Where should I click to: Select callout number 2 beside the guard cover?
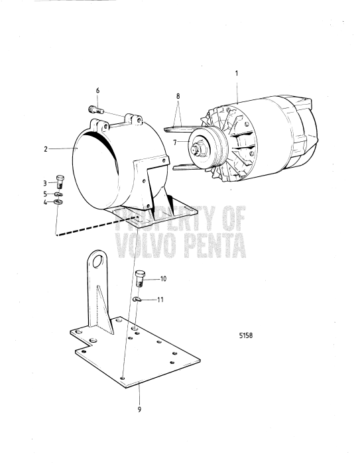[46, 149]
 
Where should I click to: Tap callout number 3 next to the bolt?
[46, 182]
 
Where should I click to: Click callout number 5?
[46, 193]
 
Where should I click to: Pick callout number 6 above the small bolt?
[97, 89]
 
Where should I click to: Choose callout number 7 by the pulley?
[174, 141]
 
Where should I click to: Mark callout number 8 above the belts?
[177, 96]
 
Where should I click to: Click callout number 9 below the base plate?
[139, 409]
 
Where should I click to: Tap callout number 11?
[162, 300]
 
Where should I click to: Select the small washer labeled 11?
[136, 300]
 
